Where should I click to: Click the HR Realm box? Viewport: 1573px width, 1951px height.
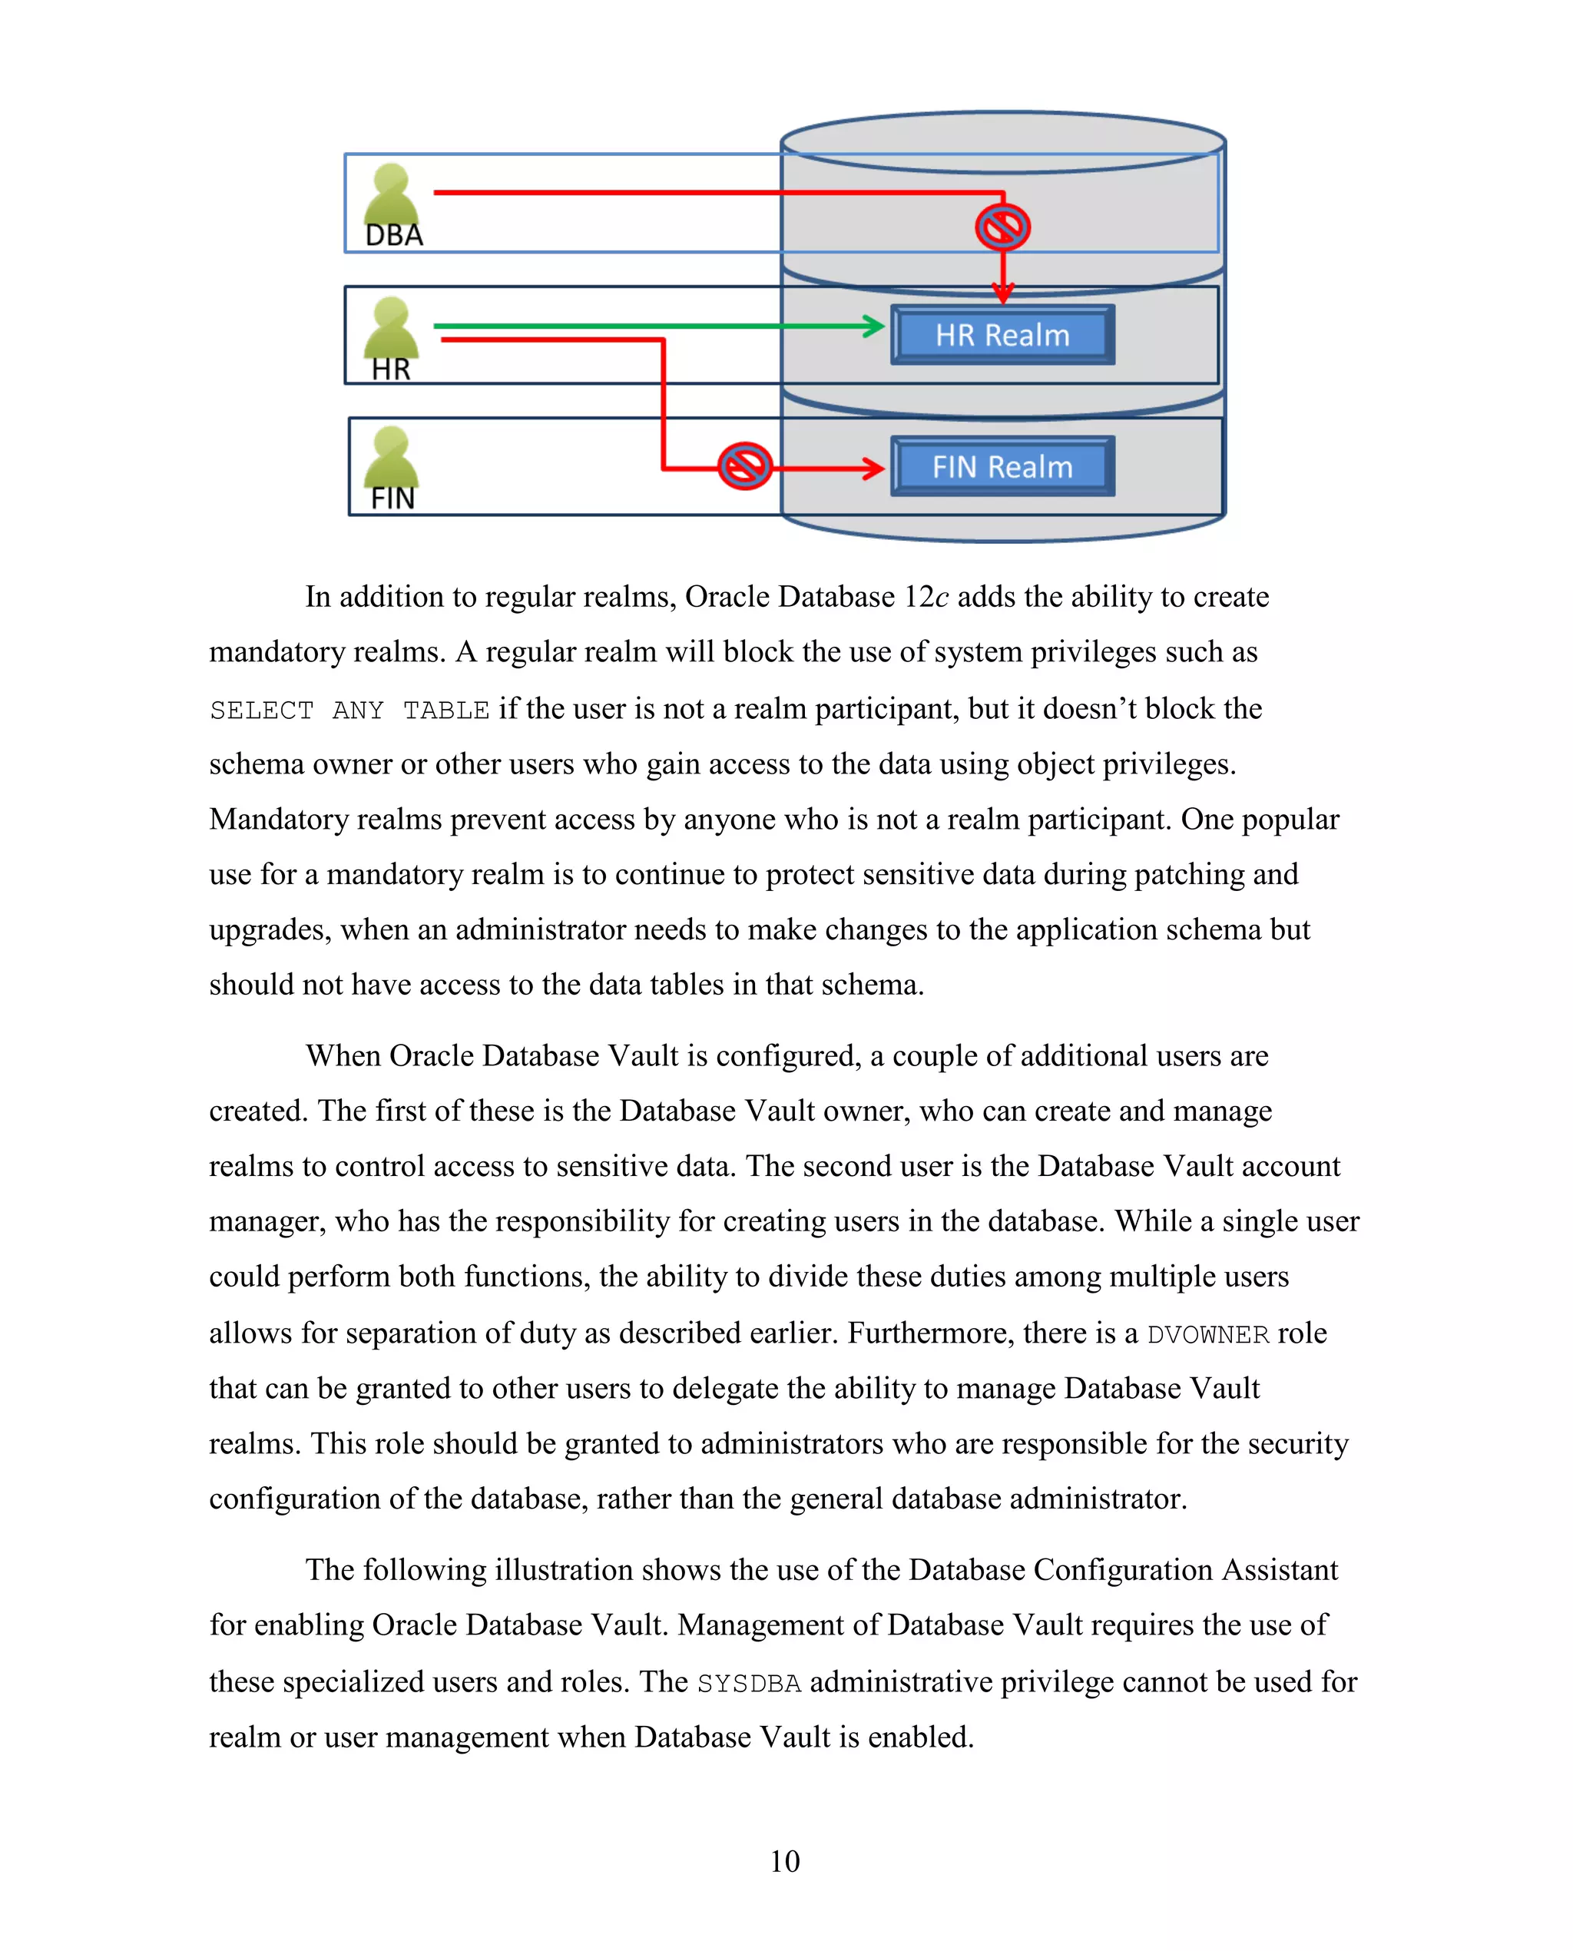coord(1002,336)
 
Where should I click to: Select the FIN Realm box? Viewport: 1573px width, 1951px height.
coord(1002,467)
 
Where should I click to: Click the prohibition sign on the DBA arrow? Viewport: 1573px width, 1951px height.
coord(1002,227)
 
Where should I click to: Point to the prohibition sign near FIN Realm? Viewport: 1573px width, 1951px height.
coord(745,467)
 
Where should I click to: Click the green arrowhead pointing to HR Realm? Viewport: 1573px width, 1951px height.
coord(873,326)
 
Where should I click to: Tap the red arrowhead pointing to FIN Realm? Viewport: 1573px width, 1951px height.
coord(873,469)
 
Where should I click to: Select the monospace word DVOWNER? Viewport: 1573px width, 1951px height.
coord(1208,1335)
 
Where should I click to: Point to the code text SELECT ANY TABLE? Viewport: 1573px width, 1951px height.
coord(349,711)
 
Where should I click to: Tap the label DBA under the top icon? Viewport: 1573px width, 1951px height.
coord(394,236)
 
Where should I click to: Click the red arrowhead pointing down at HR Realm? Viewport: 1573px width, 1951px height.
coord(1002,293)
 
